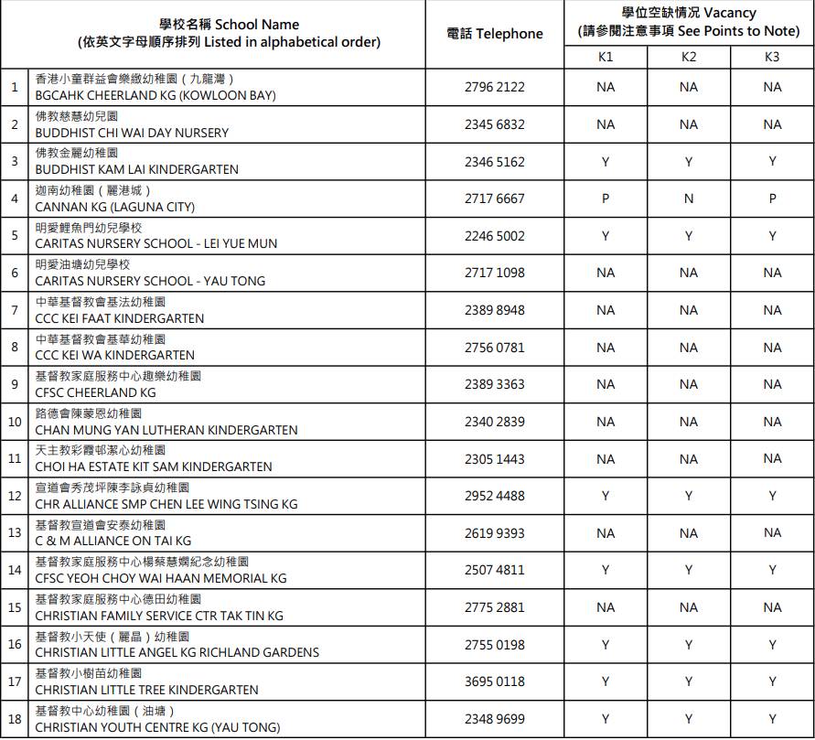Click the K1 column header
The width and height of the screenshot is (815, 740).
coord(606,57)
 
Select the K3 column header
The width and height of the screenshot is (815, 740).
coord(772,57)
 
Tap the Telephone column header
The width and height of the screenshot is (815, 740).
coord(495,34)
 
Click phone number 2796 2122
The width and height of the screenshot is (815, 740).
coord(495,88)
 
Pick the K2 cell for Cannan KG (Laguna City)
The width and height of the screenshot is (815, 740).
coord(689,198)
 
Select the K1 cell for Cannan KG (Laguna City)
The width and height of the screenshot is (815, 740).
coord(606,198)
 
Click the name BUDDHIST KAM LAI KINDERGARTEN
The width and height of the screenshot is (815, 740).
coord(136,169)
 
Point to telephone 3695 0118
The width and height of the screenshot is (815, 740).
coord(495,681)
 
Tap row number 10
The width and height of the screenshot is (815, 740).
coord(15,422)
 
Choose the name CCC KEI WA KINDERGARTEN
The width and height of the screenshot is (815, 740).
coord(114,355)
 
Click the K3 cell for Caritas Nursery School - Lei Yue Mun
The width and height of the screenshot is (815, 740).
coord(772,236)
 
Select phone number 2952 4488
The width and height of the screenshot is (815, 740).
coord(495,496)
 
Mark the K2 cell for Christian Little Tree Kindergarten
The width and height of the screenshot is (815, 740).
coord(689,681)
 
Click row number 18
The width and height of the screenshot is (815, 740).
coord(15,719)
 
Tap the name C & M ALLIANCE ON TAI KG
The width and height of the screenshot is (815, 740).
coord(113,541)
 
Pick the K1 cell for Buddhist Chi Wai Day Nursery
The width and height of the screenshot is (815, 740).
coord(606,124)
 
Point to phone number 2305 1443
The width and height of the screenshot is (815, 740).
coord(495,458)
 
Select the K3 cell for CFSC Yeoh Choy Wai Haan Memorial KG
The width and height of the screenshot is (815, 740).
coord(772,570)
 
